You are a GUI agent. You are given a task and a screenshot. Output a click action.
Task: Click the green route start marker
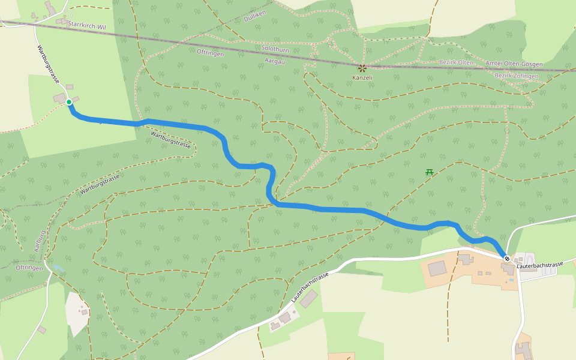(x=69, y=102)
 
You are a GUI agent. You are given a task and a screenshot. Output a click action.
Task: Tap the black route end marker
(x=507, y=259)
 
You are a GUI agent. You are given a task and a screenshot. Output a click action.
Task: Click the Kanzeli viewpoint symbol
(x=362, y=68)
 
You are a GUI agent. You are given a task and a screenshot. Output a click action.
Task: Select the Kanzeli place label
(x=362, y=78)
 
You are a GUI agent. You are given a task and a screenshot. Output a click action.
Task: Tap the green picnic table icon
(x=430, y=172)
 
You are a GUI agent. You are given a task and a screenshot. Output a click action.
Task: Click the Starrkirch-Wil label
(x=88, y=25)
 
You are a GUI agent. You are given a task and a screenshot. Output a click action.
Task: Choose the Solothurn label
(x=275, y=50)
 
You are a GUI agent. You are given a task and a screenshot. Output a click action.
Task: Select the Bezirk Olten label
(x=457, y=62)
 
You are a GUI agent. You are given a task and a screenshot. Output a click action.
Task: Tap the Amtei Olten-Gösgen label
(x=514, y=64)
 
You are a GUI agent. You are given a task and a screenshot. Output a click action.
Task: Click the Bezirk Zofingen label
(x=516, y=76)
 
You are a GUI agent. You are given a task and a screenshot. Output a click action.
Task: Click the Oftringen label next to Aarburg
(x=29, y=268)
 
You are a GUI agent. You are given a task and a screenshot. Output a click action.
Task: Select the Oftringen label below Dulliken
(x=210, y=53)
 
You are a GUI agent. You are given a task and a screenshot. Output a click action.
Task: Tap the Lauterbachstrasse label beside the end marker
(x=540, y=265)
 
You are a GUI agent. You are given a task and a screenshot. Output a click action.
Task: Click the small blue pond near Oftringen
(x=57, y=268)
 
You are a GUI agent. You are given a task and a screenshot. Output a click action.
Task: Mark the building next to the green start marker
(x=59, y=98)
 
